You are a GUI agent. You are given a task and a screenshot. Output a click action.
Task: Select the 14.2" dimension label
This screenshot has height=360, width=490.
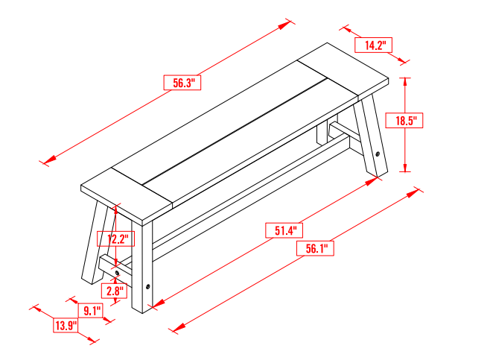coord(373,45)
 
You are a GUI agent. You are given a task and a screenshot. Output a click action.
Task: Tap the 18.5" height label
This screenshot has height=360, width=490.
coord(408,120)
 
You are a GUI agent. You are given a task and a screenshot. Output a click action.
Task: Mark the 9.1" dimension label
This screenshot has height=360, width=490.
coord(92,311)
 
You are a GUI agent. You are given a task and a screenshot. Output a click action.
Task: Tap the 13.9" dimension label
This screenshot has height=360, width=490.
coord(66,325)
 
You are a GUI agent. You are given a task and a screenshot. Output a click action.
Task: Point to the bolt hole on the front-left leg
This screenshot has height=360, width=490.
coord(147,286)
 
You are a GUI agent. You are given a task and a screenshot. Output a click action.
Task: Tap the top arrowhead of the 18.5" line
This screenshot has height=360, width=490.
coord(406,79)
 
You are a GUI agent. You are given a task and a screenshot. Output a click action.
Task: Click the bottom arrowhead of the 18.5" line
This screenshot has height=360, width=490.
coord(406,168)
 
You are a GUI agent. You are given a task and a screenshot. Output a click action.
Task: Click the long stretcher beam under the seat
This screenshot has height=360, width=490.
coord(246,198)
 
